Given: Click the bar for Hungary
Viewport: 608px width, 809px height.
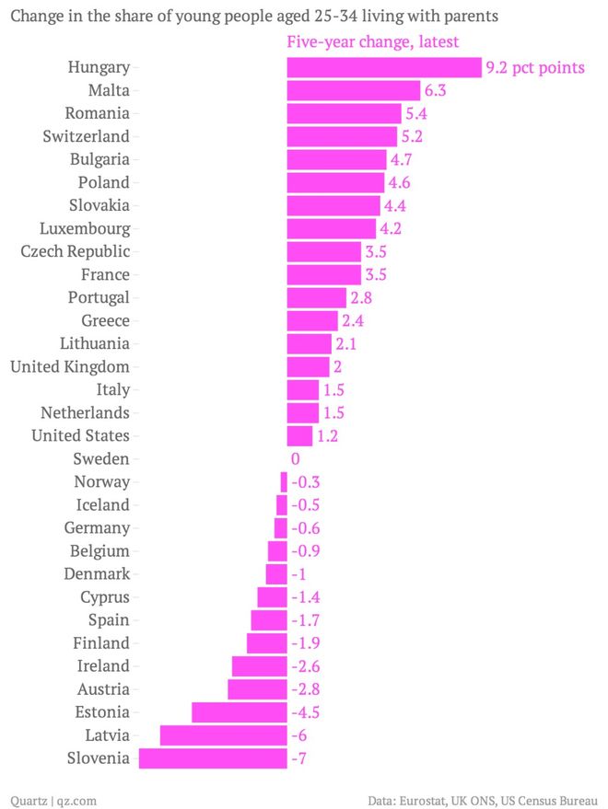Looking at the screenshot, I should click(383, 67).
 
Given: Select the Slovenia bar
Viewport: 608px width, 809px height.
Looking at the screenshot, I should click(212, 758).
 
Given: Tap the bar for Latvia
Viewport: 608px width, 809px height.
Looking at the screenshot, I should click(223, 735).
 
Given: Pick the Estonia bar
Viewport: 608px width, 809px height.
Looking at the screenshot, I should click(239, 712).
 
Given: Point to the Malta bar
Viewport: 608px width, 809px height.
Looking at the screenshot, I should click(353, 90).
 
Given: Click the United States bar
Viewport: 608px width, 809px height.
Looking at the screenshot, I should click(299, 435).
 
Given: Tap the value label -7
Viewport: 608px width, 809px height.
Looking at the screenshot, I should click(298, 758).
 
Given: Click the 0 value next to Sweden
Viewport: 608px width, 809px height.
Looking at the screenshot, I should click(295, 458).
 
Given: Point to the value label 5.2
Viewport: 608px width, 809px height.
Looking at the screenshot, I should click(411, 136).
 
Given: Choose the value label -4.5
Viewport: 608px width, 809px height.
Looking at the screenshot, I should click(305, 712).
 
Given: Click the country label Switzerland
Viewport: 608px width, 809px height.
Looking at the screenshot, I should click(86, 136).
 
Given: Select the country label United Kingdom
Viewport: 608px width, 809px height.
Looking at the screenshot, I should click(69, 366).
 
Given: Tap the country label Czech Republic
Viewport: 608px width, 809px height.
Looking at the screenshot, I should click(75, 251).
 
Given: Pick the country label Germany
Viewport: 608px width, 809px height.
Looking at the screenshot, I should click(97, 527).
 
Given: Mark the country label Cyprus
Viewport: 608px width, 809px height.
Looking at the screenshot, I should click(104, 596).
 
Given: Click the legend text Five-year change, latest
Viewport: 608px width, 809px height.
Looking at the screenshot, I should click(372, 42).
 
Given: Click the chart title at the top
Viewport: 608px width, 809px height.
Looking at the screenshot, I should click(254, 16).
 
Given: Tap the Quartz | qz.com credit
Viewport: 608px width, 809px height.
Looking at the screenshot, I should click(53, 800).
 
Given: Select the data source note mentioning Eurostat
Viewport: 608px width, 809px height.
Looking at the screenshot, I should click(483, 800).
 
